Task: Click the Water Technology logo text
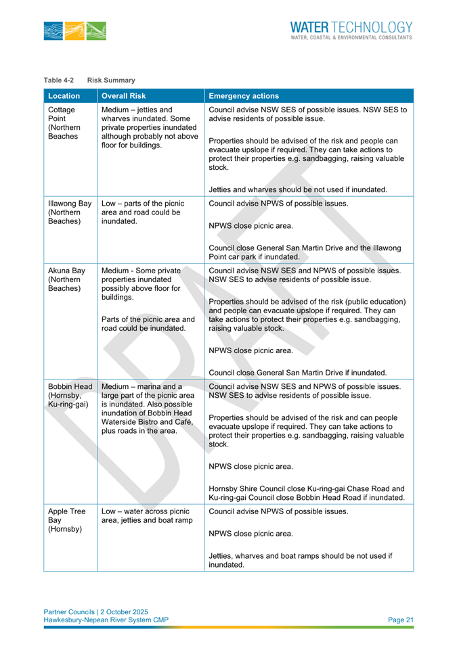pos(351,28)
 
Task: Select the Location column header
pos(64,96)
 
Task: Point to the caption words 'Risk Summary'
pos(111,80)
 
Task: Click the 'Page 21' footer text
pos(400,620)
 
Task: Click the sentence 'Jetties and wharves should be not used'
pos(298,189)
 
